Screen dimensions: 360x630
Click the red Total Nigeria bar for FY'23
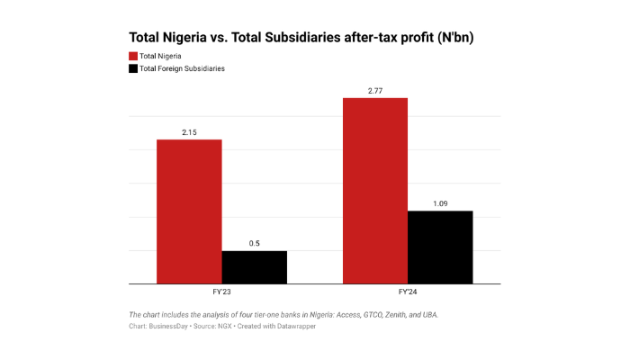(189, 211)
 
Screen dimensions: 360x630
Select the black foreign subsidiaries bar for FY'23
(255, 267)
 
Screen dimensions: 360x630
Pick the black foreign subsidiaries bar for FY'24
(440, 247)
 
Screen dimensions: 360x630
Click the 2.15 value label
(189, 132)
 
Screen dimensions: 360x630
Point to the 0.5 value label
(255, 244)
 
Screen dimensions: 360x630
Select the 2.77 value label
(375, 91)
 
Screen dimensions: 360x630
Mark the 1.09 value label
(440, 204)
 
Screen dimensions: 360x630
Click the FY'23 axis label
(221, 292)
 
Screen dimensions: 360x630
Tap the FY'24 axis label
(408, 292)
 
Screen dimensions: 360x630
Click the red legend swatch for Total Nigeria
(133, 56)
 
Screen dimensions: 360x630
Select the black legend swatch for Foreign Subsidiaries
(133, 68)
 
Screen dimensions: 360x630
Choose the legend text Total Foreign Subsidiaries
(183, 68)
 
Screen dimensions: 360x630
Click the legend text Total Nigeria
(161, 56)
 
